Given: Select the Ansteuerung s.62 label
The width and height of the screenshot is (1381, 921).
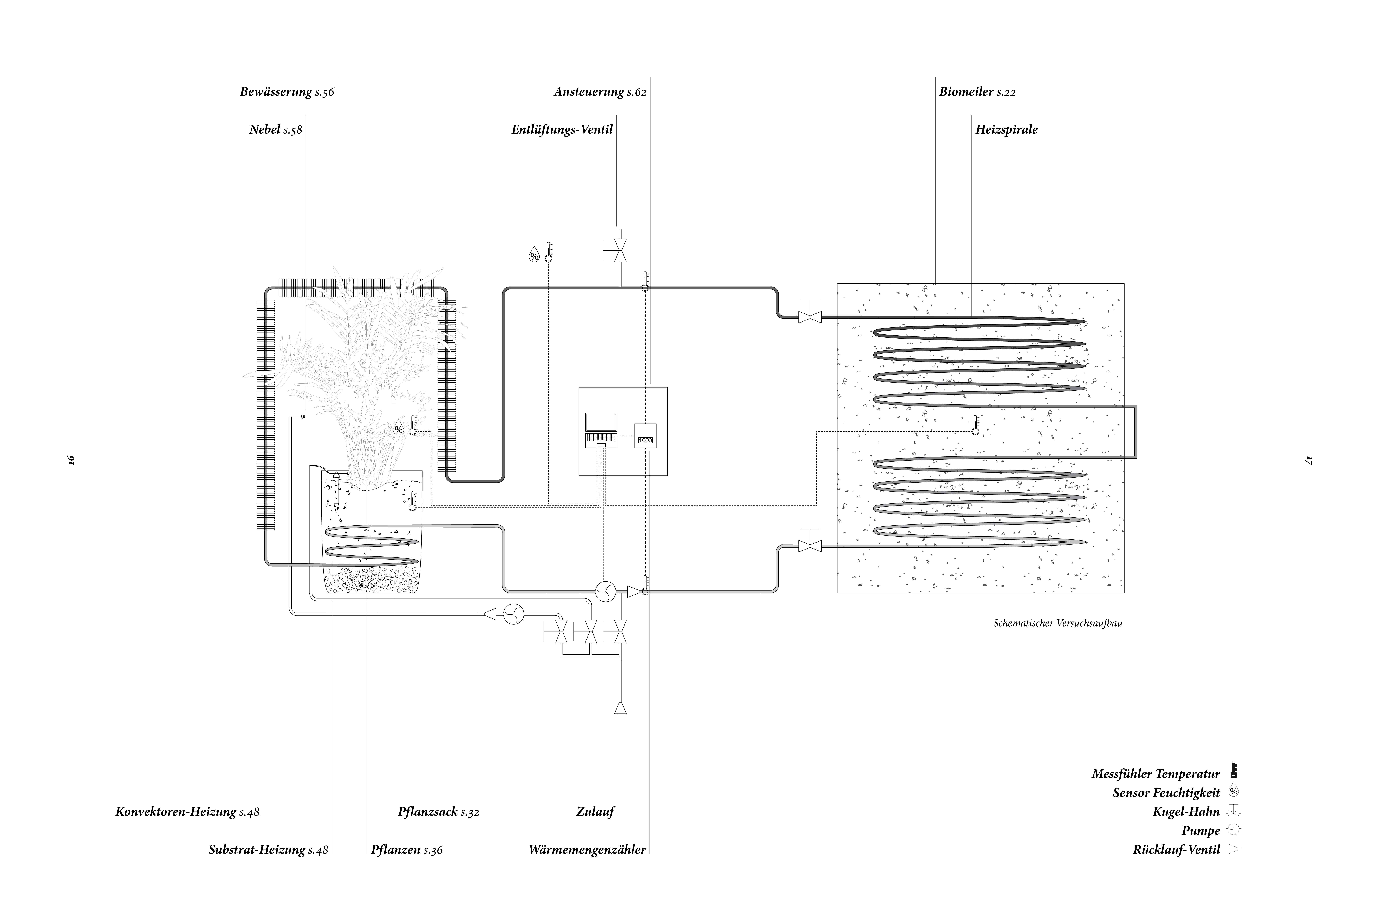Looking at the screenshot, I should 600,92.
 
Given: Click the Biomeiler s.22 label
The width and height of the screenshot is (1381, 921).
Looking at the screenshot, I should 977,92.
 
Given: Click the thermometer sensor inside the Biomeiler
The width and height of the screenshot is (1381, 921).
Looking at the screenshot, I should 975,425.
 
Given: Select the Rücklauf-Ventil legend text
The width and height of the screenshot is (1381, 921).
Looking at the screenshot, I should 1176,849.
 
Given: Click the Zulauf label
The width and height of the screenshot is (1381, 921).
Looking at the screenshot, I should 595,812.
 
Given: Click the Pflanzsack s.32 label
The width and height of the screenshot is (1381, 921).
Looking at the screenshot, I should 438,812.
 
